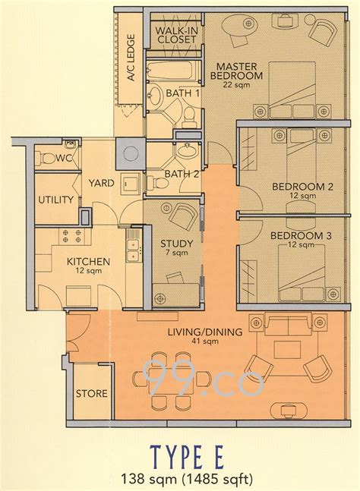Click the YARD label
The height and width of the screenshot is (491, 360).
coord(100,182)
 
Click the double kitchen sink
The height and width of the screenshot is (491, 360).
coord(134,244)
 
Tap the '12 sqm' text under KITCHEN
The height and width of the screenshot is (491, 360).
coord(87,272)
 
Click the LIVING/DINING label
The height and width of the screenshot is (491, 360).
coord(207,332)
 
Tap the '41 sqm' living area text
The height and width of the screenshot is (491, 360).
coord(207,341)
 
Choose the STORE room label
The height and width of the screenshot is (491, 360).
coord(91,394)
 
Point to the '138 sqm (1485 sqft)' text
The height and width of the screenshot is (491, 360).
coord(180,478)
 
